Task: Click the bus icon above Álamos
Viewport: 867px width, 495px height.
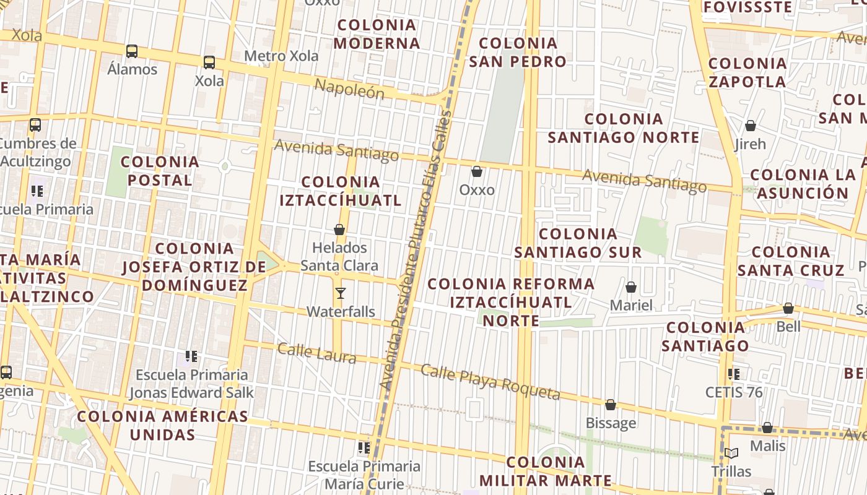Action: pos(132,51)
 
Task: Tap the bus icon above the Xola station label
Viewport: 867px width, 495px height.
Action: pos(209,62)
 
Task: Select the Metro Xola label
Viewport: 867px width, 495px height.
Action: pos(281,56)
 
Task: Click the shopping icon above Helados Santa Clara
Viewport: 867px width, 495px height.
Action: pos(339,230)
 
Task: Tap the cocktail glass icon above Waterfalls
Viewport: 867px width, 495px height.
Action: pos(340,293)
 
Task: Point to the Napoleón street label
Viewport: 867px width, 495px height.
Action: pos(349,88)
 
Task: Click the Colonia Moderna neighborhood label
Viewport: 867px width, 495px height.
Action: pos(377,34)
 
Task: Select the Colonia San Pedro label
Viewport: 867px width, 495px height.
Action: pos(517,52)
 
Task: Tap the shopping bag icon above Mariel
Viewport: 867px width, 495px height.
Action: pos(631,287)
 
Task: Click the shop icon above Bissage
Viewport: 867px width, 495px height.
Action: pos(611,405)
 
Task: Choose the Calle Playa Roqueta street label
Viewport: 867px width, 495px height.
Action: pos(490,382)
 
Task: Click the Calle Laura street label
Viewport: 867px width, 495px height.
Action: pos(316,353)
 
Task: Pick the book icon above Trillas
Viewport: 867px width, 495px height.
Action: pos(731,453)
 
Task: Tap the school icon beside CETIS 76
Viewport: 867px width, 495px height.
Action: pos(734,374)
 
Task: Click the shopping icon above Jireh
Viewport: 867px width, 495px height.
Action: pos(751,126)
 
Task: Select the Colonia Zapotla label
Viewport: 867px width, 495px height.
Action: pos(747,72)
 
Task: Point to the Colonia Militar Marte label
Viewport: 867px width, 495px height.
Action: pos(546,471)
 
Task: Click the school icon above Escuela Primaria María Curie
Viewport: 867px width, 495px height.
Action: pos(364,447)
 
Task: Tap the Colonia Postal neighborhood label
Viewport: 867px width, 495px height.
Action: pos(160,171)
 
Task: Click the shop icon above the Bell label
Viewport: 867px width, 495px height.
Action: pos(788,308)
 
